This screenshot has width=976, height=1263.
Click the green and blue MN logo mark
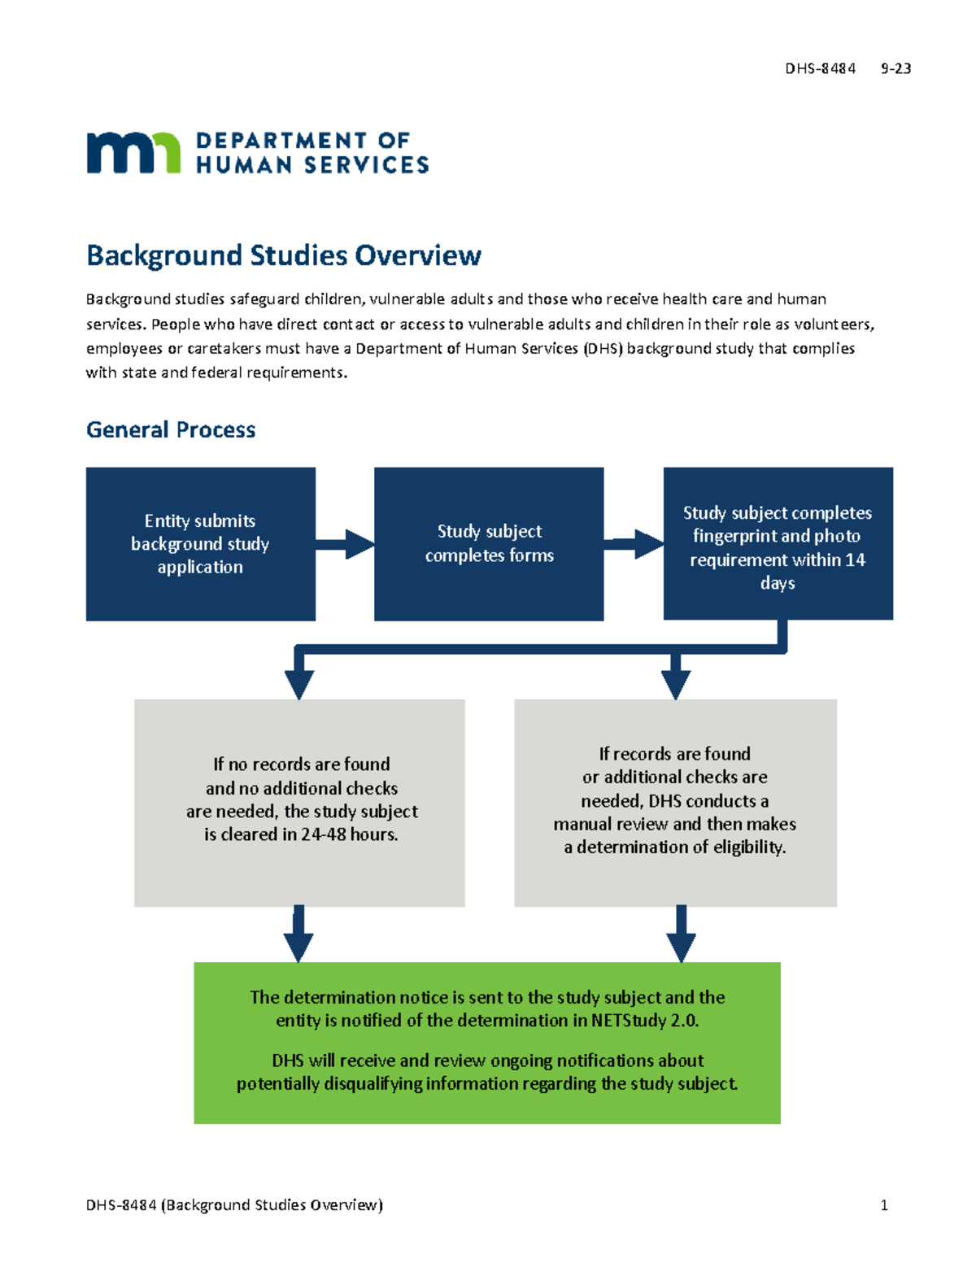pos(133,152)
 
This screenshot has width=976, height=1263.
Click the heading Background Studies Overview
pos(283,255)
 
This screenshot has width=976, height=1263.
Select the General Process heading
pos(171,429)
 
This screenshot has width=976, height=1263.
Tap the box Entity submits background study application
pos(200,543)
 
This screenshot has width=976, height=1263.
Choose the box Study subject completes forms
pos(489,543)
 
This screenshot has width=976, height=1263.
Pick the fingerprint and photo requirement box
pos(778,543)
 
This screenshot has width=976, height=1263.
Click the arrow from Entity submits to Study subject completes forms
pos(345,544)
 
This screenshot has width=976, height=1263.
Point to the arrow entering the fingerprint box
pos(634,544)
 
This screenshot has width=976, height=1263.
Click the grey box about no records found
pos(299,802)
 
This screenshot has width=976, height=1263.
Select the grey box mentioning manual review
pos(675,802)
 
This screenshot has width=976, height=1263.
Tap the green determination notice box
pos(486,1042)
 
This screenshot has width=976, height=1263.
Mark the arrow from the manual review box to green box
pos(681,935)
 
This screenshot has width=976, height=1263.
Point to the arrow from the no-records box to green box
pos(298,935)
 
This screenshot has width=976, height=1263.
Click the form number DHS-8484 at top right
pos(820,69)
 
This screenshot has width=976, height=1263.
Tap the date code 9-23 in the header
pos(895,69)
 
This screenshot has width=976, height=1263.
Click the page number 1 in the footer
pos(884,1205)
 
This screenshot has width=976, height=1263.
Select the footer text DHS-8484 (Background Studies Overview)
pos(234,1205)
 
